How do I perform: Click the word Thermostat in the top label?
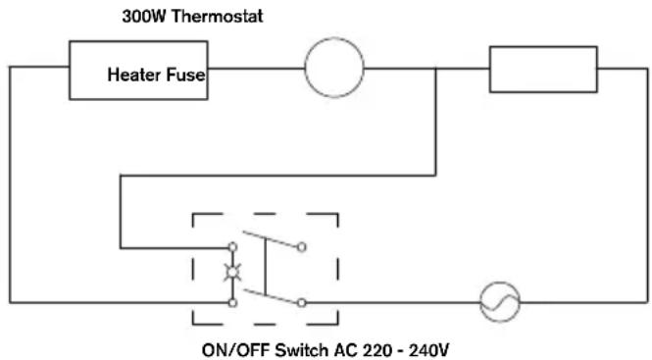(x=217, y=17)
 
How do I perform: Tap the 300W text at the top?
(x=144, y=17)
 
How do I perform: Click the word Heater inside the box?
(x=134, y=75)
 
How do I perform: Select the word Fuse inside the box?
(x=186, y=75)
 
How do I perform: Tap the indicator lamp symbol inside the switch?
(x=232, y=273)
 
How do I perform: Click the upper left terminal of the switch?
(x=233, y=247)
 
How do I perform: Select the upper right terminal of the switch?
(x=301, y=247)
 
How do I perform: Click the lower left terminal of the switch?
(x=233, y=302)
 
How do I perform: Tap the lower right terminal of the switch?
(x=301, y=303)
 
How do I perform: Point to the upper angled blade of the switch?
(x=271, y=239)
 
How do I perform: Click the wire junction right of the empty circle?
(x=435, y=69)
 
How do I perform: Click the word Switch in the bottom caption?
(x=301, y=349)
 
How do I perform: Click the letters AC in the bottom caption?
(x=344, y=349)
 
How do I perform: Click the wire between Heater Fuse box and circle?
(x=256, y=69)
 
